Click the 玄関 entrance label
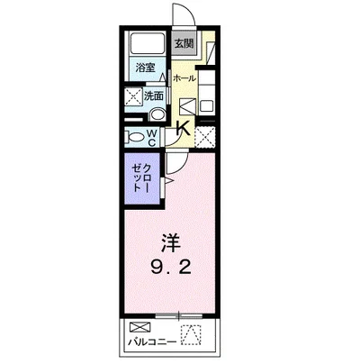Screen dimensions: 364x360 [x=184, y=42]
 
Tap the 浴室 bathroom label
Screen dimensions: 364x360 [x=143, y=68]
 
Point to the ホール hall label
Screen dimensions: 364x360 [x=184, y=78]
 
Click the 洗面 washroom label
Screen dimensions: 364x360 [x=153, y=96]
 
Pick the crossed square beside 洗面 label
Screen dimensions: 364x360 [x=132, y=96]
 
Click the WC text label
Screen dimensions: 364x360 [x=152, y=138]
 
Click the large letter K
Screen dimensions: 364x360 [x=182, y=129]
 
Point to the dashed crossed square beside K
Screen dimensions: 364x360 [x=206, y=137]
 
